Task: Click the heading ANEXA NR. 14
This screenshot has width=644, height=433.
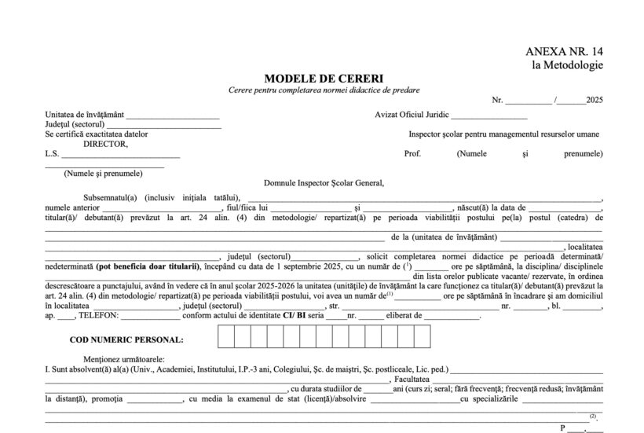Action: click(x=564, y=52)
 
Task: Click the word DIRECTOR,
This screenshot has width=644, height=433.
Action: click(x=105, y=144)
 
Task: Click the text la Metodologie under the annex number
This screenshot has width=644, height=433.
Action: click(x=568, y=65)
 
